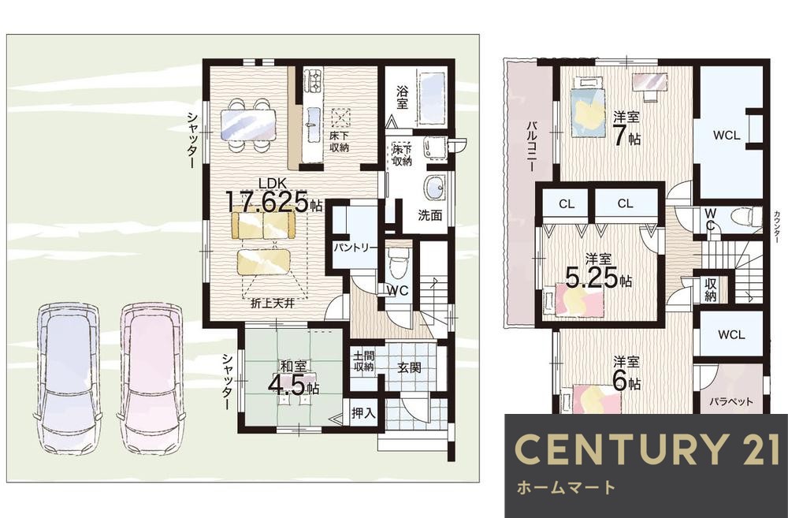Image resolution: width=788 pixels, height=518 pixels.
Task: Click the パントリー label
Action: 356,248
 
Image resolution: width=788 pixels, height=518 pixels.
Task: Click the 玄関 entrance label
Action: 409,367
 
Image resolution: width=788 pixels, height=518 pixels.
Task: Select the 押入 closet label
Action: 362,413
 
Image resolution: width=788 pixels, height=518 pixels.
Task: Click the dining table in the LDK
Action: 248,125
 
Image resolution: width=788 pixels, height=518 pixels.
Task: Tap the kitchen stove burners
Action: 314,80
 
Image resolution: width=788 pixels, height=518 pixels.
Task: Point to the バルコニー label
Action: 530,146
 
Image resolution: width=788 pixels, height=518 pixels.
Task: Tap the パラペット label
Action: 732,402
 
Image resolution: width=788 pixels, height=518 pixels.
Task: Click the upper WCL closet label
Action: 727,136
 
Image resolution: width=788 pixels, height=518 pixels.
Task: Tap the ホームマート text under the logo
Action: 566,487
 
